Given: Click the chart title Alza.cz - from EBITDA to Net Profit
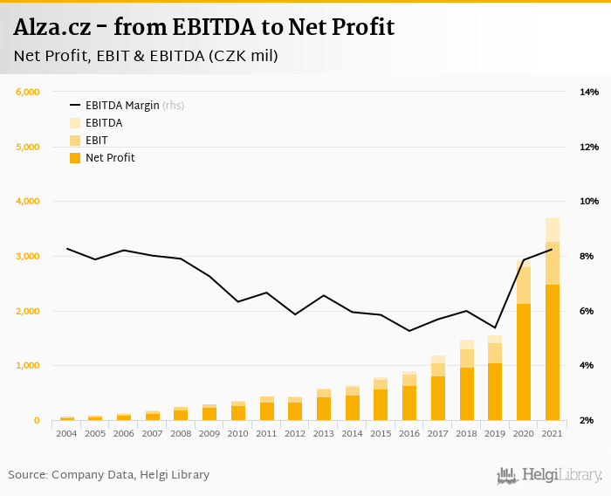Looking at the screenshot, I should pos(203,28).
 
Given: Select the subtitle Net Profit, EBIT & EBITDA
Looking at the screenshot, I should pos(146,57).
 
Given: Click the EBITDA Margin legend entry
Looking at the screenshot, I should pos(122,106).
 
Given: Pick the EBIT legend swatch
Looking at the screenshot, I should pos(75,141).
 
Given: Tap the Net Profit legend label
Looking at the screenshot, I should pos(110,158).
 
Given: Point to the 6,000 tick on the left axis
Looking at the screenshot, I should pos(28,92).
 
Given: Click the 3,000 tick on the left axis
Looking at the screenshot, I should pos(28,256).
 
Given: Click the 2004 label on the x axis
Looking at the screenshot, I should pos(66,433).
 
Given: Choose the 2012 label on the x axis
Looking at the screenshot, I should pos(296,433).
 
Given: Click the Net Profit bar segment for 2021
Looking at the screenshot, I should pos(553,353).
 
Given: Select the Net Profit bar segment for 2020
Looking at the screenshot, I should pos(524,362).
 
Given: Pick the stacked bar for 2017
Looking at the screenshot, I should pos(438,389).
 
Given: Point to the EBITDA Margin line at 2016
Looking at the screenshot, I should pos(409,331).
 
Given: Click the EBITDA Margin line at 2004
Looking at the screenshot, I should pos(67,249).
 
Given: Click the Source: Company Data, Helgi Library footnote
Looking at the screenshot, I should pos(109,475).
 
